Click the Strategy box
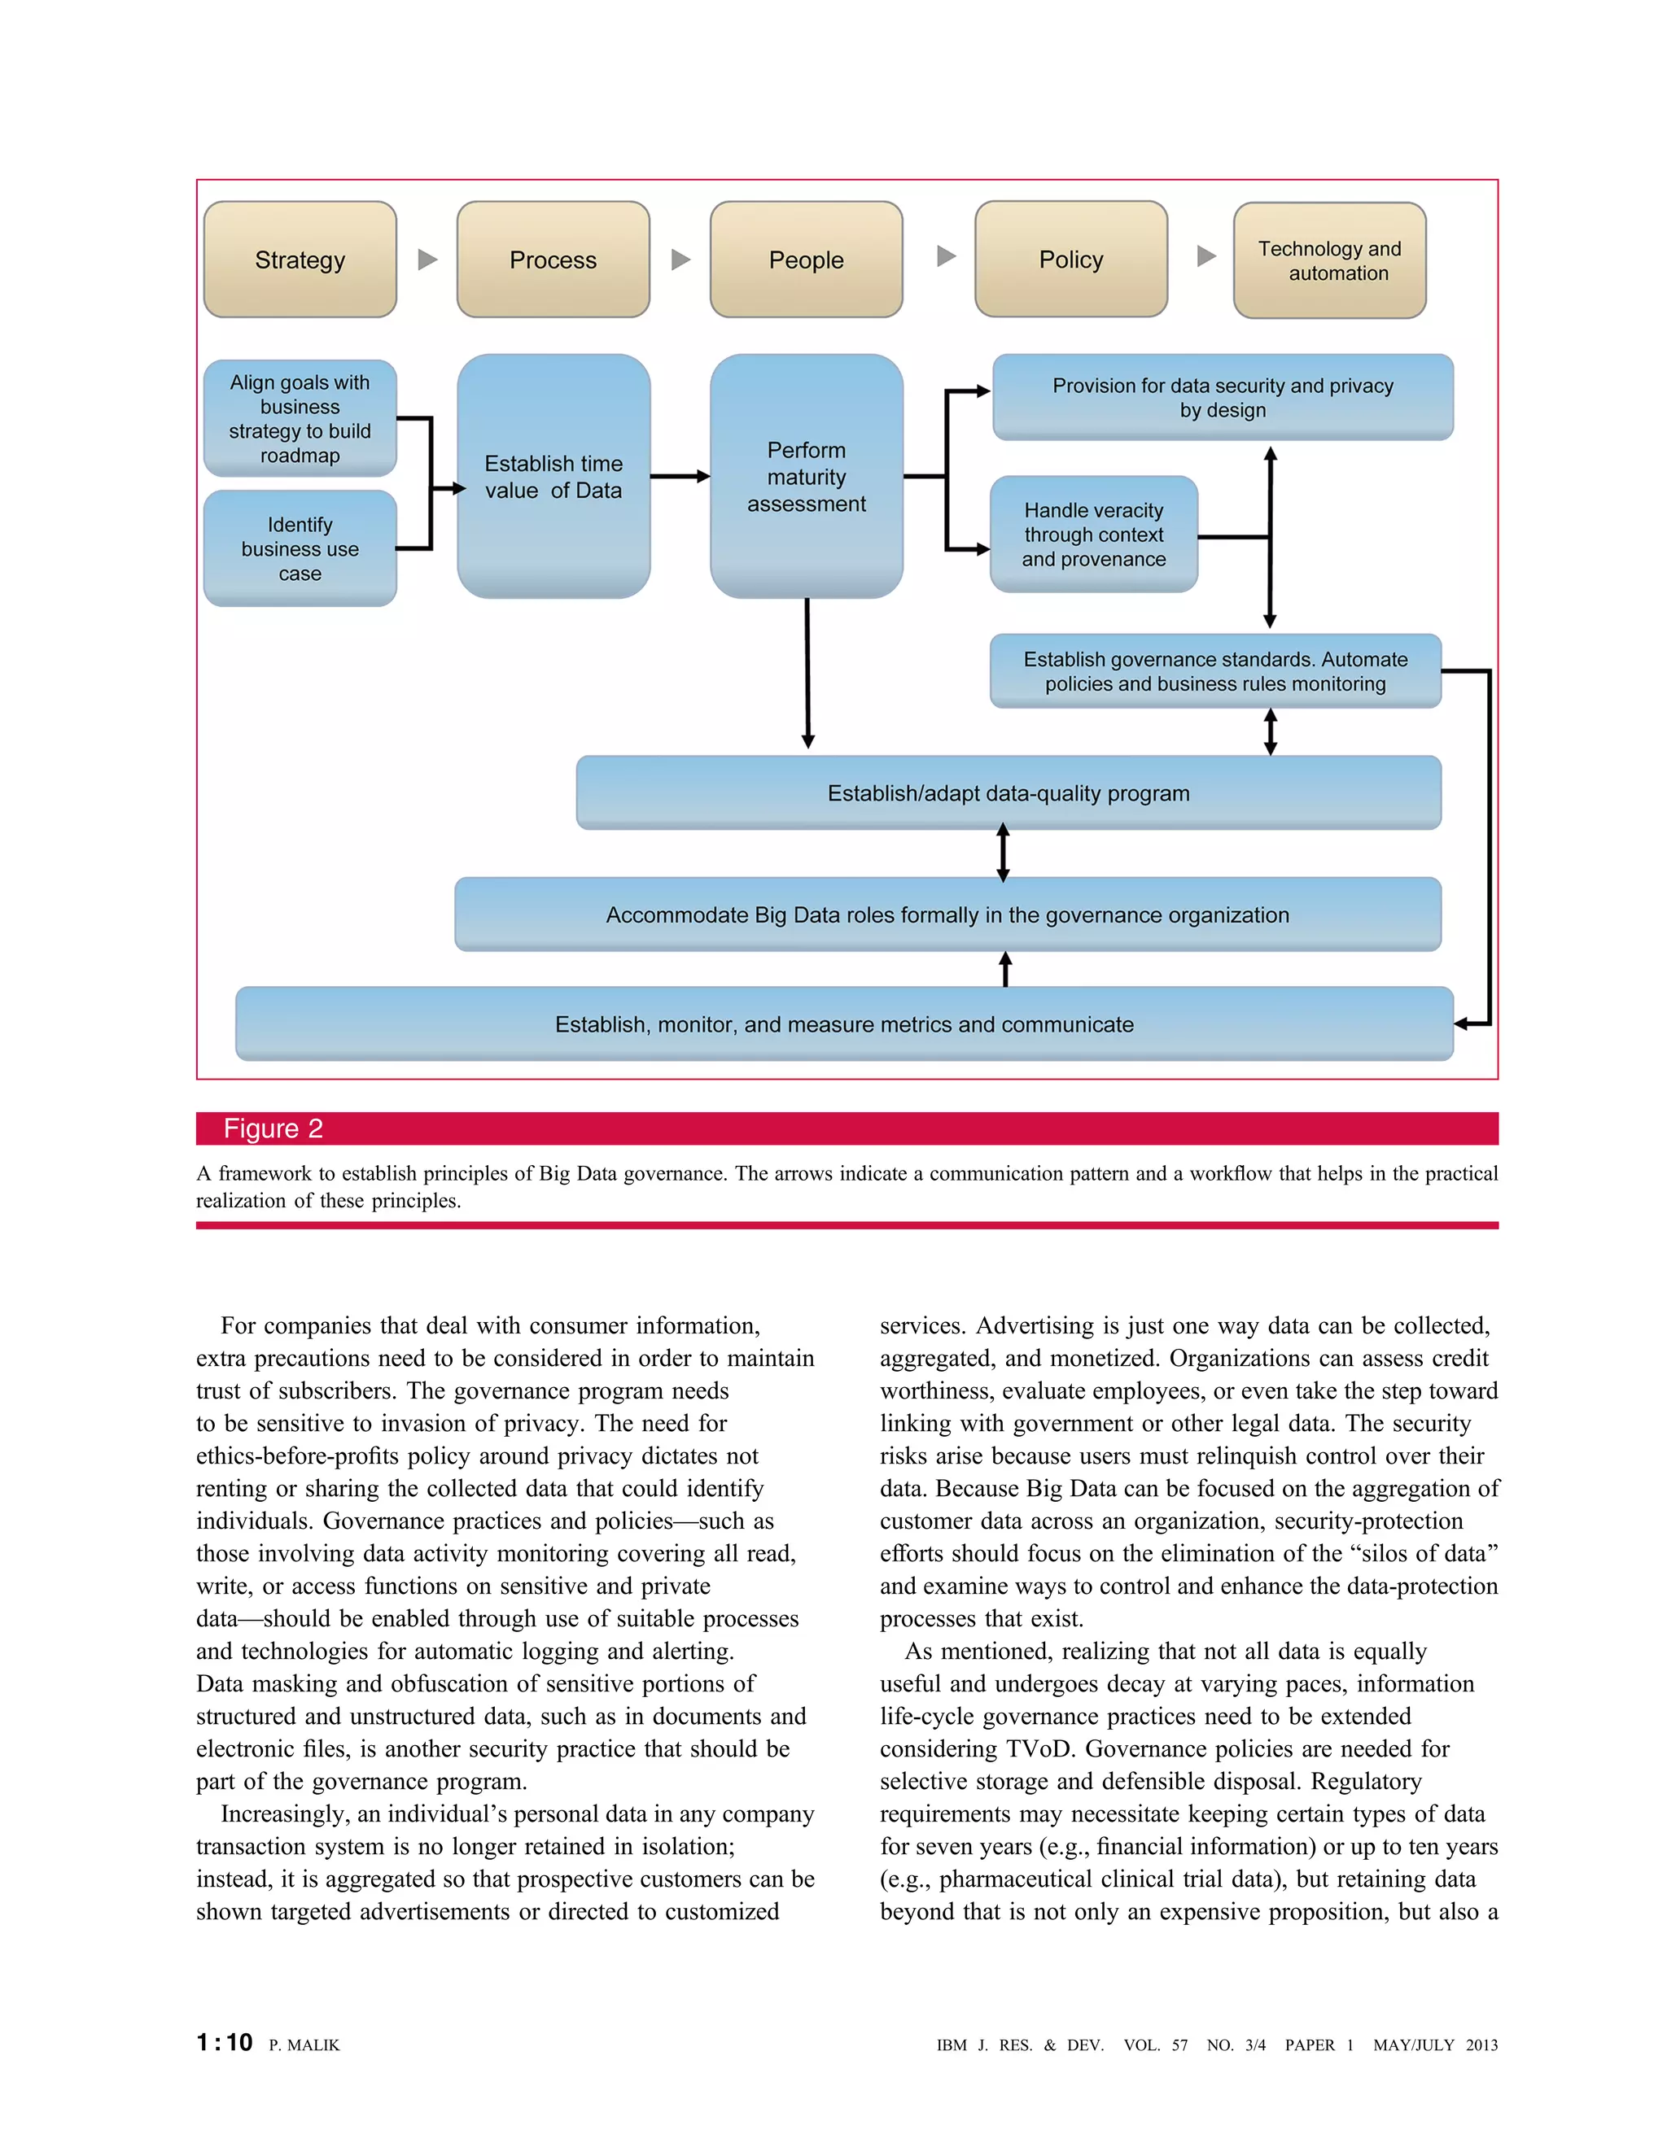pos(300,260)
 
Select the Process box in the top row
pos(553,260)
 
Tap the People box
pos(806,260)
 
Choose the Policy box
pos(1070,259)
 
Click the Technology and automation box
pos(1329,260)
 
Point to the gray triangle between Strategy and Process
pos(427,260)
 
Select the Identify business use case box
pos(300,549)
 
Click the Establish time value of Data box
pos(553,477)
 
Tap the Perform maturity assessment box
pos(806,477)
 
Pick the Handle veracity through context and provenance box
pos(1093,534)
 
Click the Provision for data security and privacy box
pos(1223,397)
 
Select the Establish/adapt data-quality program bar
pos(1009,792)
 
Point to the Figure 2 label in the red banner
pos(273,1128)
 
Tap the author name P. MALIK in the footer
pos(304,2045)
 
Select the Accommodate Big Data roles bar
pos(947,914)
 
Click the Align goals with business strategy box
pos(300,418)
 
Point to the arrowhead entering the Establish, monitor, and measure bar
pos(1463,1023)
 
